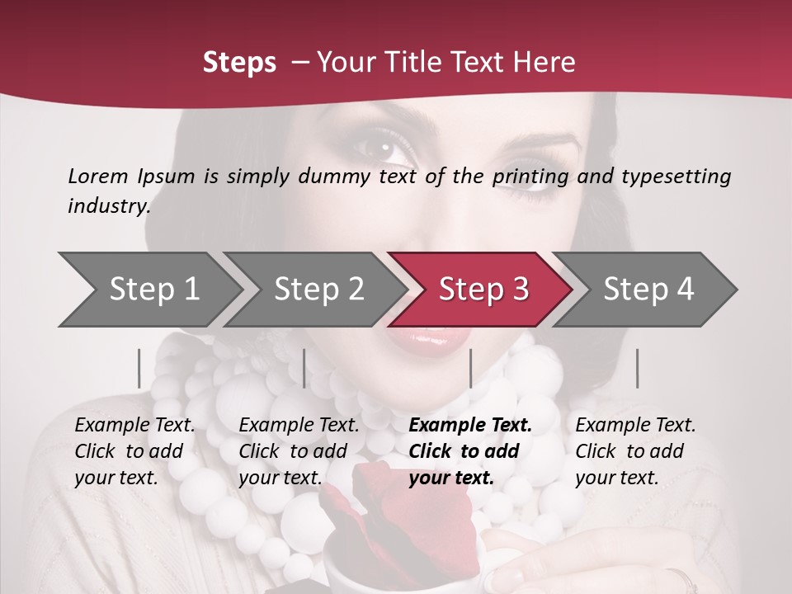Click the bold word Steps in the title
pos(239,63)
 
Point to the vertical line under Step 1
pos(139,368)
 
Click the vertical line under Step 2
pos(304,368)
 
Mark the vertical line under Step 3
pos(470,368)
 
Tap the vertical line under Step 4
pos(637,368)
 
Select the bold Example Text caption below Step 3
pos(470,451)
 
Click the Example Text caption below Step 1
pos(134,451)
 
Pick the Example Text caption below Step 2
pos(299,451)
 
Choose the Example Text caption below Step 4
pos(635,451)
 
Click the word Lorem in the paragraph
pos(98,176)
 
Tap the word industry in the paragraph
pos(109,205)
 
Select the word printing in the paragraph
pos(531,177)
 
